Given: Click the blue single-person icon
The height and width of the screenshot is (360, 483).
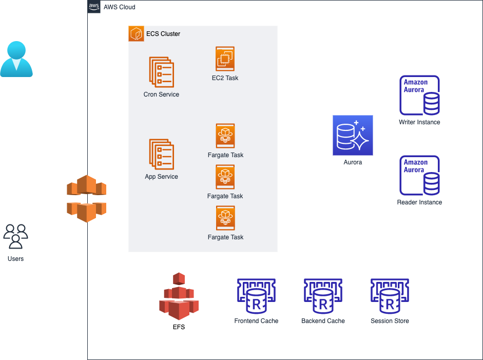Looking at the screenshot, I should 16,59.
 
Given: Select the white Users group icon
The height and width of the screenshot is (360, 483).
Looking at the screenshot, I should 15,236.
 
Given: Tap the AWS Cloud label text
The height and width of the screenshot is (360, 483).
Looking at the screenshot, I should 119,7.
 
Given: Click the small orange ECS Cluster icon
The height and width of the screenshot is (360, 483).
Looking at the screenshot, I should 136,34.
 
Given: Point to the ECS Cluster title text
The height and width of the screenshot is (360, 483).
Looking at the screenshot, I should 163,34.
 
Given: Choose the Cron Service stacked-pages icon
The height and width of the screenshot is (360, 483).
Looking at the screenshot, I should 162,72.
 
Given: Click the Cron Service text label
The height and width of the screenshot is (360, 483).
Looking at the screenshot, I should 162,94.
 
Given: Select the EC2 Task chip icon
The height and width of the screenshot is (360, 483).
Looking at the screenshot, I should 225,59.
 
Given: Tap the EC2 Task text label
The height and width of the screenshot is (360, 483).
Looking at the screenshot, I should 225,78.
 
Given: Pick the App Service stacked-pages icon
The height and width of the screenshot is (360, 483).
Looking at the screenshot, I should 162,154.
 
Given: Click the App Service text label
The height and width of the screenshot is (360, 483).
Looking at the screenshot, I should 162,177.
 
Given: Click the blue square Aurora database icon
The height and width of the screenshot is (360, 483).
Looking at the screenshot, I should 353,135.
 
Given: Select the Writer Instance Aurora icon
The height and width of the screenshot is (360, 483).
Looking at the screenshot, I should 419,96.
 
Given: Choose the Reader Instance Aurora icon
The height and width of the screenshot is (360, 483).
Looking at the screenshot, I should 419,176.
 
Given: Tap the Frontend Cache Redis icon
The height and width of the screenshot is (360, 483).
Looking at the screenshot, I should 256,297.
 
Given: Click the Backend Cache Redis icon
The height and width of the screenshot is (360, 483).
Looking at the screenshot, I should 323,297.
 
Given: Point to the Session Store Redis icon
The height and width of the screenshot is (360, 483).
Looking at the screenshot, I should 390,297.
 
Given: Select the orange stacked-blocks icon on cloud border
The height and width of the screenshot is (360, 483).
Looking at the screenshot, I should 86,198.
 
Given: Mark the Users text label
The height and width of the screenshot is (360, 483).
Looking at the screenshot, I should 15,259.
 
